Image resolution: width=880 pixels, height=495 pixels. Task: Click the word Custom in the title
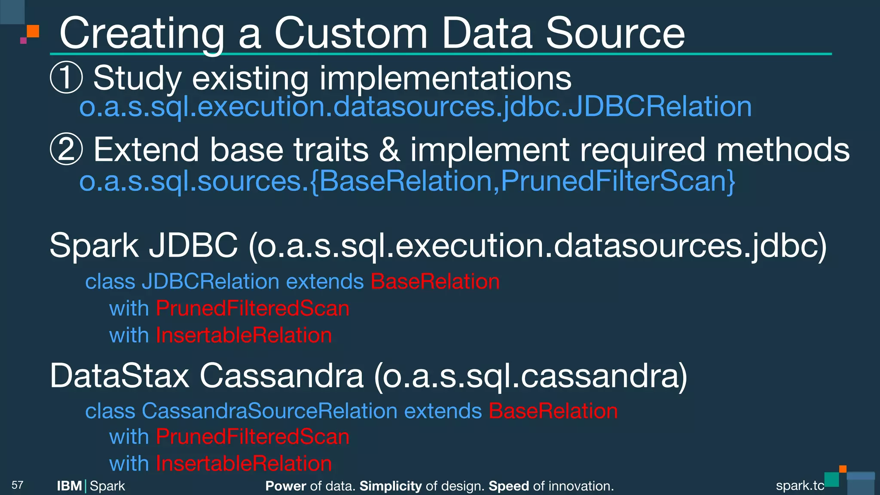(350, 34)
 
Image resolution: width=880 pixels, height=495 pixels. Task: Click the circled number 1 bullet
(66, 78)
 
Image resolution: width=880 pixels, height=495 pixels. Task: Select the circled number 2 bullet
(66, 150)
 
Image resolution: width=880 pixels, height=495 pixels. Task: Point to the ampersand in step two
(389, 150)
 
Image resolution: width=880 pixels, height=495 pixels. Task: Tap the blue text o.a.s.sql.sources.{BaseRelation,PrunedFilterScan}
(407, 181)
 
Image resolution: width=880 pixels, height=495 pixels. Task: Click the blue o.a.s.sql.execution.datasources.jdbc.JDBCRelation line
(415, 107)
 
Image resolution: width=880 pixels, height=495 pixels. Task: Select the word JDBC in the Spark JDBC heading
(193, 245)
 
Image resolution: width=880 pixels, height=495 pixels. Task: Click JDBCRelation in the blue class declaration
(211, 282)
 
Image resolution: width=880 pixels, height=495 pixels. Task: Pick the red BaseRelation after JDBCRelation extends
(435, 282)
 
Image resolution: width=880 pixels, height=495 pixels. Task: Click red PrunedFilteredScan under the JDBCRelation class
(252, 309)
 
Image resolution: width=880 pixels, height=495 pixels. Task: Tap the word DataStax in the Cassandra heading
(119, 376)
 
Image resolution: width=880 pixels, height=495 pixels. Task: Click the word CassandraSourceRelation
(269, 411)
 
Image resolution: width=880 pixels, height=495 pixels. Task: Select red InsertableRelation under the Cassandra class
(244, 464)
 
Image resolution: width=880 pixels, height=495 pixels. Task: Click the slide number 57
(17, 485)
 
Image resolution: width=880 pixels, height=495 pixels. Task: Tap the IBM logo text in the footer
(69, 486)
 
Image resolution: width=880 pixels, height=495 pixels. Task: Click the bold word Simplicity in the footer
(390, 486)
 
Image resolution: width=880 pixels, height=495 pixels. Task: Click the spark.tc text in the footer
(800, 486)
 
